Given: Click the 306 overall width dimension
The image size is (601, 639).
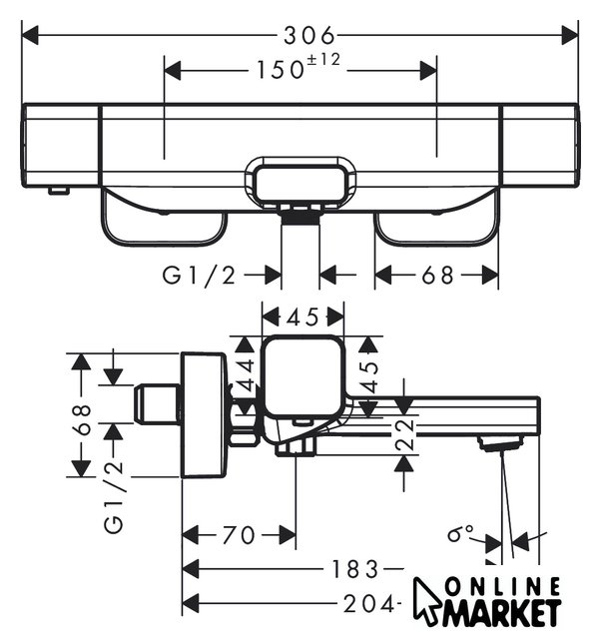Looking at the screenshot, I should (304, 36).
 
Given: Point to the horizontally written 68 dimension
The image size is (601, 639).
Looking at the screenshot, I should (436, 275).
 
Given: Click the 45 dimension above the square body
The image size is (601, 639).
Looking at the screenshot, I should (302, 317).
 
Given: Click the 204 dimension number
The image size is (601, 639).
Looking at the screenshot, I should (369, 603).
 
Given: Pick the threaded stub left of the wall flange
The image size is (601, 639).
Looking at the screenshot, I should (157, 405).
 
